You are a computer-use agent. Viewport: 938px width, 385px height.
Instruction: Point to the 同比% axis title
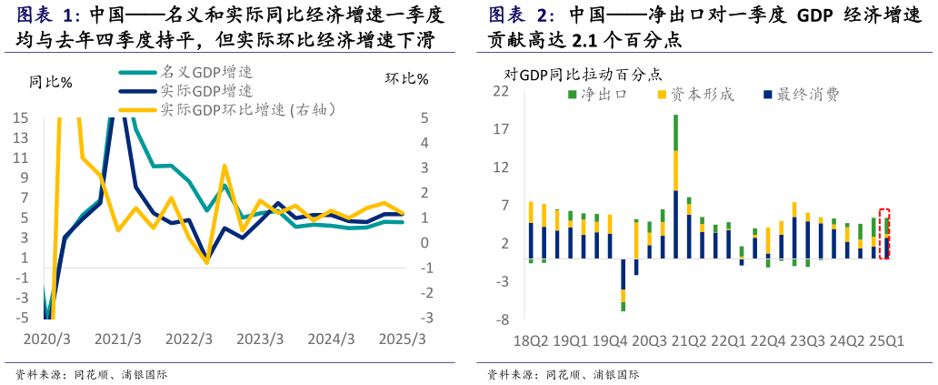(51, 82)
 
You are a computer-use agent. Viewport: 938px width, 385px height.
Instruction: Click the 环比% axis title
(406, 79)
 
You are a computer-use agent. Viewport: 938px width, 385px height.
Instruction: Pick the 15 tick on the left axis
(20, 117)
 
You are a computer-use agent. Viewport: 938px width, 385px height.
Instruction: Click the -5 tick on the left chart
(20, 318)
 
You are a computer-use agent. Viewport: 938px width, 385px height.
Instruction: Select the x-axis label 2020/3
(45, 339)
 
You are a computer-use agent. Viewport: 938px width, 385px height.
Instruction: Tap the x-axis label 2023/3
(260, 339)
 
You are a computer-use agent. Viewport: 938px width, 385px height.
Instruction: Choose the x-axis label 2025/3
(403, 339)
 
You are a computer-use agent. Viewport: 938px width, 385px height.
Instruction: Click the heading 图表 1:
(50, 15)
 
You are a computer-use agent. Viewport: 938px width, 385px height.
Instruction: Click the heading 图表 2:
(522, 15)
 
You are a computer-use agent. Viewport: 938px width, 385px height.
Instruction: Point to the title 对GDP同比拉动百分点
(583, 75)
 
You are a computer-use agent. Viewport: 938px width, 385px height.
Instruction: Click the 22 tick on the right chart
(501, 91)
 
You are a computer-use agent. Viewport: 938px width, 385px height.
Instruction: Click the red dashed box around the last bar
(884, 234)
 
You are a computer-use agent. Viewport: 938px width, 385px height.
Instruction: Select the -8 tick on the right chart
(501, 320)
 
